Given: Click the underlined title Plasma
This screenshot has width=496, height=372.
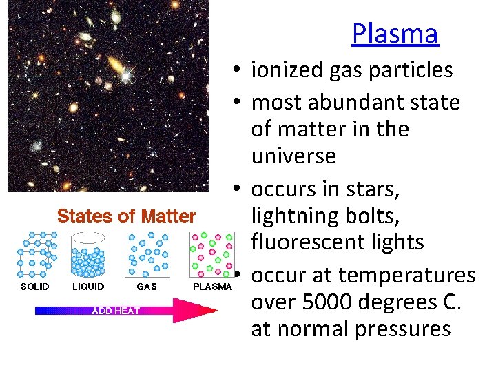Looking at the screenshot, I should click(x=395, y=33).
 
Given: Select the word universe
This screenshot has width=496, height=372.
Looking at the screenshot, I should click(x=293, y=156).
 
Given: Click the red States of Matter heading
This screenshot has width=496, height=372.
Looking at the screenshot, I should click(x=127, y=216).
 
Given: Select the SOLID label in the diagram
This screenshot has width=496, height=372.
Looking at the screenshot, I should click(x=34, y=287).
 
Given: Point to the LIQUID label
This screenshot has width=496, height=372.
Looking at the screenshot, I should click(x=88, y=287).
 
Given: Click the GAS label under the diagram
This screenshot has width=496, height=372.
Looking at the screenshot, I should click(x=147, y=287).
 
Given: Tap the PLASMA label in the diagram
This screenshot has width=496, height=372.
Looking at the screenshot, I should click(x=211, y=287).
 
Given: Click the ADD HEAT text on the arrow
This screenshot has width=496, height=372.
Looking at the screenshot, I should click(x=116, y=311).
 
